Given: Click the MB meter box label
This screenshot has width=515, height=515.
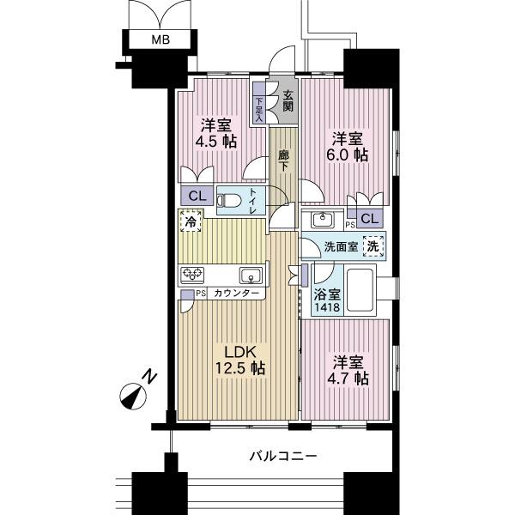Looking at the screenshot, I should click(161, 39).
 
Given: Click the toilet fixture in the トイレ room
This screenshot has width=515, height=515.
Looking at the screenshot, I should click(229, 199).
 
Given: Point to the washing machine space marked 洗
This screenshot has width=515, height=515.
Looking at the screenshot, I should click(373, 245).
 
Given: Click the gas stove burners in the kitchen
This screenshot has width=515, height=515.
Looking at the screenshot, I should click(192, 275).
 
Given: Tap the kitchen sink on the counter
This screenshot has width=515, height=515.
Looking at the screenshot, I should click(250, 275).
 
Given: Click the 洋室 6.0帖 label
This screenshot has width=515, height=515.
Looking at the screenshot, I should click(348, 146).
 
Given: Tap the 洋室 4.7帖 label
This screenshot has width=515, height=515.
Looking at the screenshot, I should click(348, 368).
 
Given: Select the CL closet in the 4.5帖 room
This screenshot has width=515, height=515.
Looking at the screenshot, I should click(196, 196).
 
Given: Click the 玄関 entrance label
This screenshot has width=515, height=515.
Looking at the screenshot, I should click(288, 100).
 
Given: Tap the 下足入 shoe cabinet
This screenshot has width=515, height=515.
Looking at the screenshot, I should click(258, 106).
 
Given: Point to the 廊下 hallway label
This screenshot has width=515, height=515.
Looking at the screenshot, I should click(282, 161).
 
